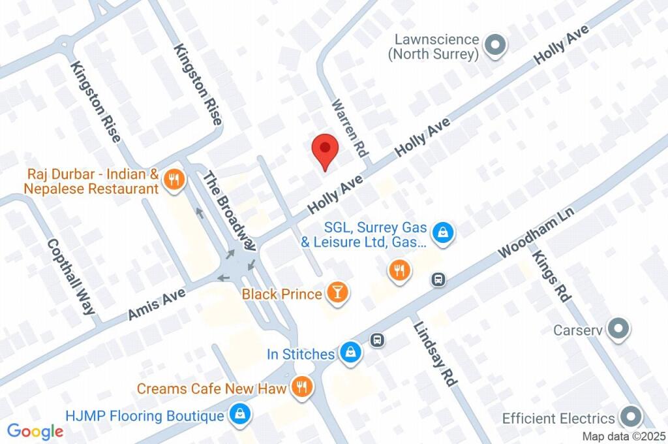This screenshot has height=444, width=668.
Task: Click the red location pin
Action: (x=325, y=150)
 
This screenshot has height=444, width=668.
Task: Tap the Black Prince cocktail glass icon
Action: (x=337, y=294)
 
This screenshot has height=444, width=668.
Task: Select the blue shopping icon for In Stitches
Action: (x=351, y=353)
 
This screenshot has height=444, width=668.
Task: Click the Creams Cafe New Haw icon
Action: (x=301, y=388)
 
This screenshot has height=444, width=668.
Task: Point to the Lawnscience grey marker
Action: (x=496, y=45)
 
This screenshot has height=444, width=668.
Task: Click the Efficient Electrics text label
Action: (x=558, y=418)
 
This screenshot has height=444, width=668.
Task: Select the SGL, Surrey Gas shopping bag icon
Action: (x=444, y=231)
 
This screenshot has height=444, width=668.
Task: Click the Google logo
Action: (x=35, y=431)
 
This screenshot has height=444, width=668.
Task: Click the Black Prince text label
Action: (x=282, y=294)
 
